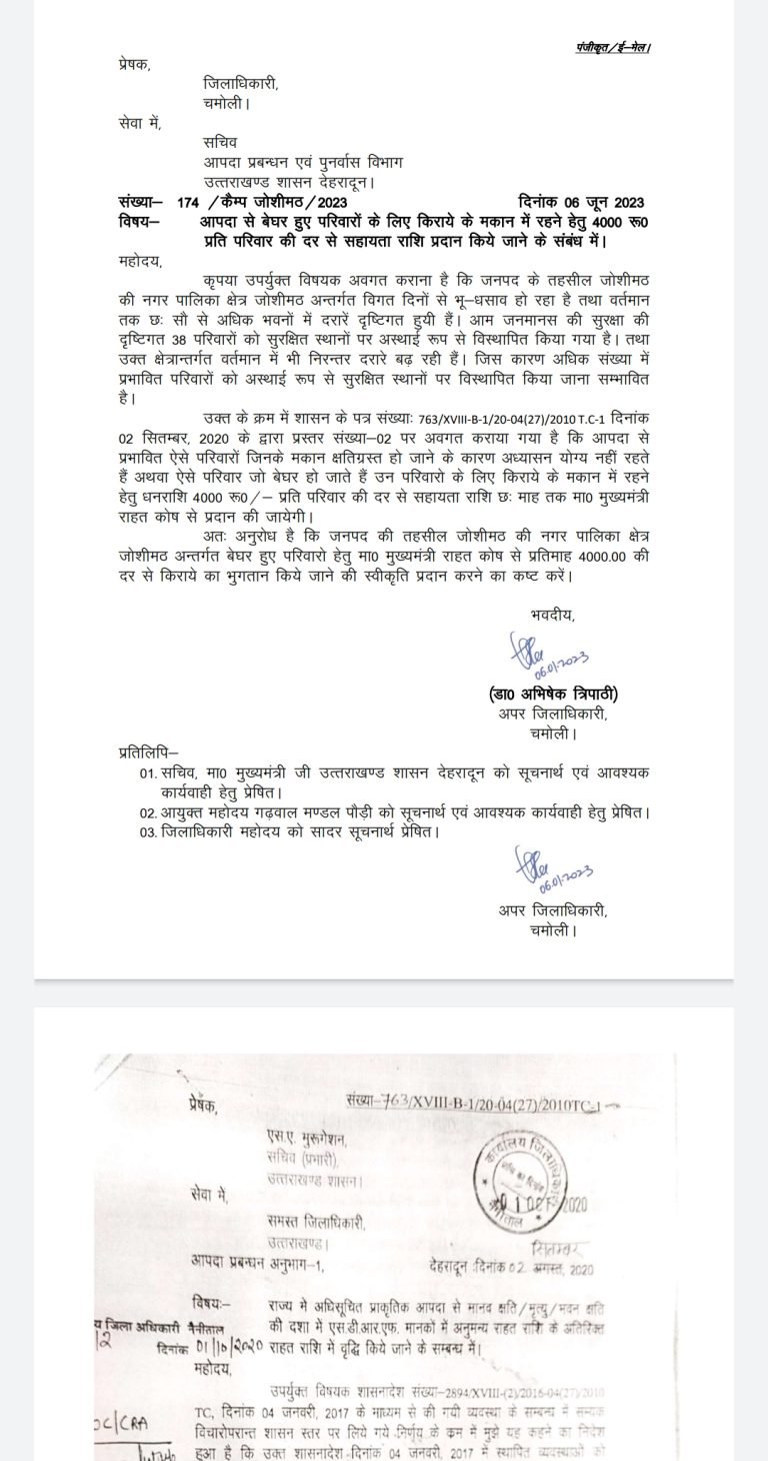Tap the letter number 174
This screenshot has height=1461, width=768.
pyautogui.click(x=187, y=202)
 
